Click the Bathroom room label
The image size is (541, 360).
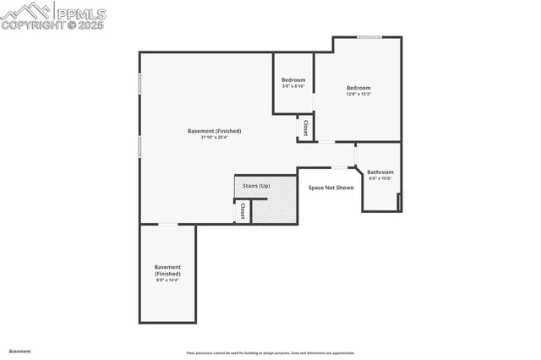[380, 172]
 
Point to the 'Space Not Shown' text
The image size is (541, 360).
[331, 188]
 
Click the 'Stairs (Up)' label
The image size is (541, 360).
[256, 184]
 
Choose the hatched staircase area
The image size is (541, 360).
[279, 207]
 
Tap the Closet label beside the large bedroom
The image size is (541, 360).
[305, 128]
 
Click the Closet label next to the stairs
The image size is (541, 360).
[243, 210]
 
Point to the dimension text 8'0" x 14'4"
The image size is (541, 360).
[167, 281]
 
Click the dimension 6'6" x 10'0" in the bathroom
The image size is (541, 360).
[380, 178]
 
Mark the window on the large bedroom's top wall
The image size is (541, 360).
[369, 37]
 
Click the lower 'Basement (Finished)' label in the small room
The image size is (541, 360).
[167, 271]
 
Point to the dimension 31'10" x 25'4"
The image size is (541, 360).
[215, 137]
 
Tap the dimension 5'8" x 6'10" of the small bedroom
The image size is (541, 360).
[293, 86]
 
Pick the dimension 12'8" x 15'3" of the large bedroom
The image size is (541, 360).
[358, 94]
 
